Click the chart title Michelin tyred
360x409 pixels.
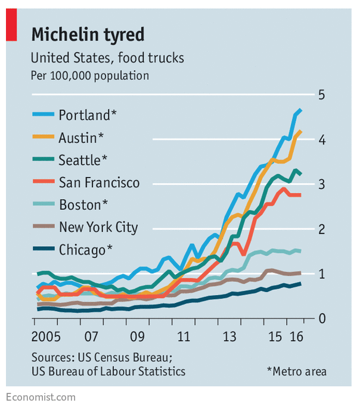tap(88, 35)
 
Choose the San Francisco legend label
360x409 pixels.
tap(99, 182)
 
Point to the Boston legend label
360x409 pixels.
tap(83, 205)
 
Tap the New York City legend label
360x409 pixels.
tap(98, 227)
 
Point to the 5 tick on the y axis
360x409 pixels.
tap(321, 95)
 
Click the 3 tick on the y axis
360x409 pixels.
tap(321, 184)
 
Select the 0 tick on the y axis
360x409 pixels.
tap(321, 318)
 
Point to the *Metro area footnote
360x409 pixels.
tap(296, 371)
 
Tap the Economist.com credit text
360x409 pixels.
tap(41, 396)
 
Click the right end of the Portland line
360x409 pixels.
tap(300, 110)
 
